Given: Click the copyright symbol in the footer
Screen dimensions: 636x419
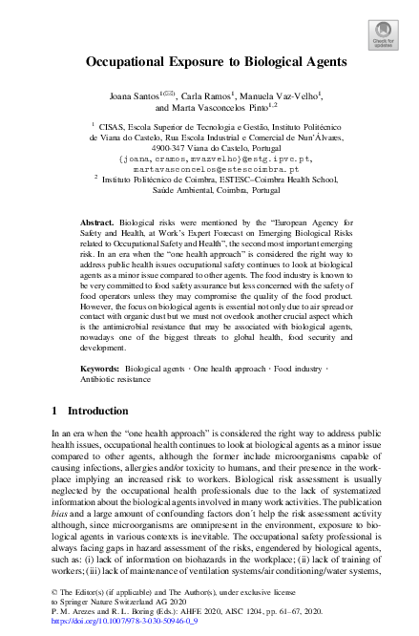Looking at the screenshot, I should pos(52,592).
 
